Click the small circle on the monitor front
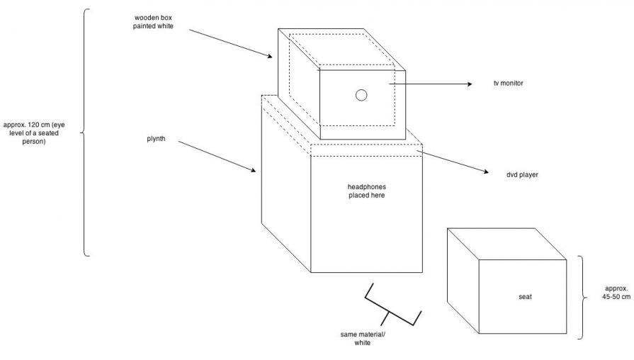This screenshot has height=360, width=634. click(361, 96)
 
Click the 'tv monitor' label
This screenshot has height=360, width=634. click(508, 84)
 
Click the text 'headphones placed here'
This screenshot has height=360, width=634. click(366, 191)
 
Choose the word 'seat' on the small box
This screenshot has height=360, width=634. click(525, 296)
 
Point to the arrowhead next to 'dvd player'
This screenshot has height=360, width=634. click(487, 171)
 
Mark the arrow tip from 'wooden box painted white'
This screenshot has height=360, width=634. click(271, 56)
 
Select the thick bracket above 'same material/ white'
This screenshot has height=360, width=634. click(392, 306)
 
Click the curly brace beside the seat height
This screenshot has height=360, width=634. click(582, 297)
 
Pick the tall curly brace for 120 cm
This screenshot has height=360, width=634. click(84, 132)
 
